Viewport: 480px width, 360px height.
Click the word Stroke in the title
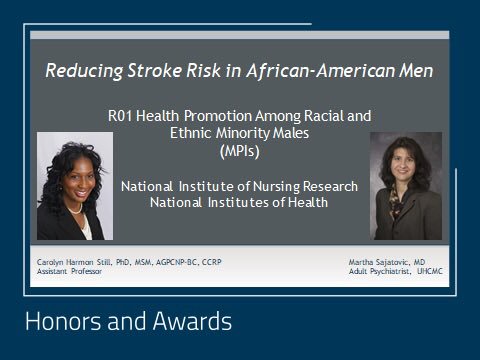point(155,71)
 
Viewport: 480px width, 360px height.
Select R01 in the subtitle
point(120,116)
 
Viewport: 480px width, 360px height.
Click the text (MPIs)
point(240,151)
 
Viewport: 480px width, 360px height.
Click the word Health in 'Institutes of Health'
point(308,202)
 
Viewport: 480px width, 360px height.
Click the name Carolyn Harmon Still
point(74,262)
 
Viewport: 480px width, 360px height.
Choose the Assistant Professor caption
point(69,271)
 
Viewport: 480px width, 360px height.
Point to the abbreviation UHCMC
point(430,271)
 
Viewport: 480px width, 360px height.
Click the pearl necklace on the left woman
point(76,210)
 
